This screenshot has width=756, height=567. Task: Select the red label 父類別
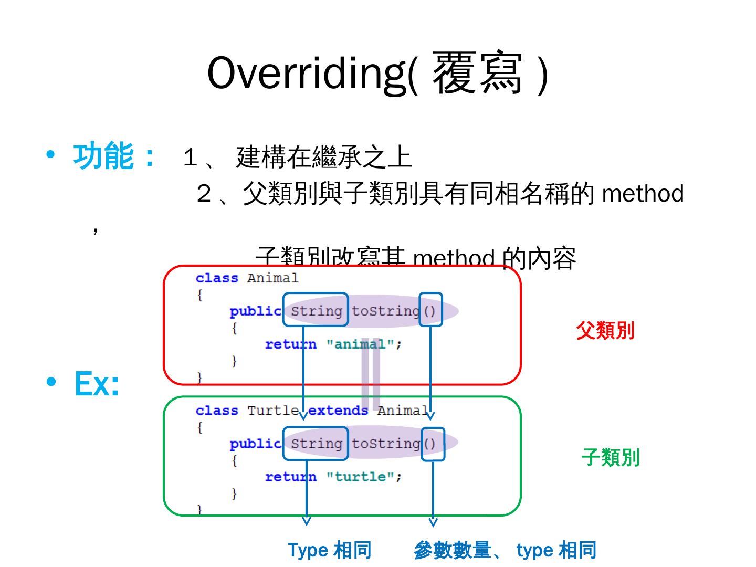pos(605,331)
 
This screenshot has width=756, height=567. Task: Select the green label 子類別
pos(610,457)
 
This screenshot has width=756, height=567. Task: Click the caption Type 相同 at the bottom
pos(330,550)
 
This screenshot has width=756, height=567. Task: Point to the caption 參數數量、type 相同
pos(505,550)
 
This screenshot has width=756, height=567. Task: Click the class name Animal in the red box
pos(272,278)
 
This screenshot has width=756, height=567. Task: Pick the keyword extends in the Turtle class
pos(338,411)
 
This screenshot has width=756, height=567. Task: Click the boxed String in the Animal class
pos(316,311)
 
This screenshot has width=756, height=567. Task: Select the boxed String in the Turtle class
pos(316,444)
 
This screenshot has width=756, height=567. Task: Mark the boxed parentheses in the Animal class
pos(430,311)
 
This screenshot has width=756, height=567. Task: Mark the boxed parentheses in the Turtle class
pos(432,444)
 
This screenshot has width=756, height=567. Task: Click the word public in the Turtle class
pos(255,444)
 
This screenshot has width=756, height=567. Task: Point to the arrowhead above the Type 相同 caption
pos(307,521)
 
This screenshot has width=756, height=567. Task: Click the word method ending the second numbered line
pos(643,193)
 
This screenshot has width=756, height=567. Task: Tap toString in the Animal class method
pos(385,311)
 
